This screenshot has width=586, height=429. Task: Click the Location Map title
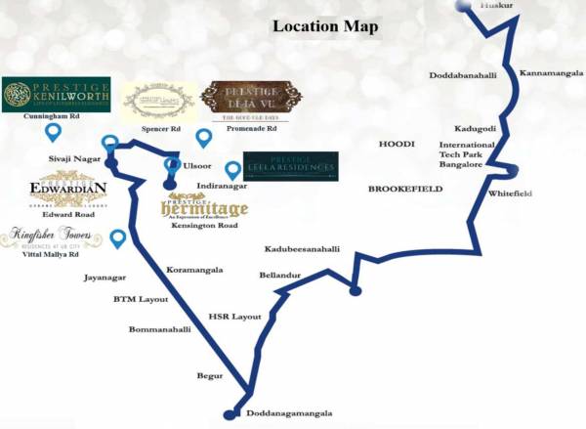[324, 26]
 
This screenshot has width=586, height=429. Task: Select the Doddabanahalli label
[464, 75]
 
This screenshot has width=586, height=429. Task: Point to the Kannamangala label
[550, 73]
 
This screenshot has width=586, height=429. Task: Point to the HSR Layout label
[235, 317]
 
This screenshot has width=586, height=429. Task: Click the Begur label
[210, 375]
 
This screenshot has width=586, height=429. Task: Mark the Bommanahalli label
[160, 329]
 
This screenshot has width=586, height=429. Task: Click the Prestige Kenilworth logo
[56, 95]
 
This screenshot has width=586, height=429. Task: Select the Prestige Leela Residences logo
[290, 166]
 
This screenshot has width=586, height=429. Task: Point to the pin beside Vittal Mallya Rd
[118, 237]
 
